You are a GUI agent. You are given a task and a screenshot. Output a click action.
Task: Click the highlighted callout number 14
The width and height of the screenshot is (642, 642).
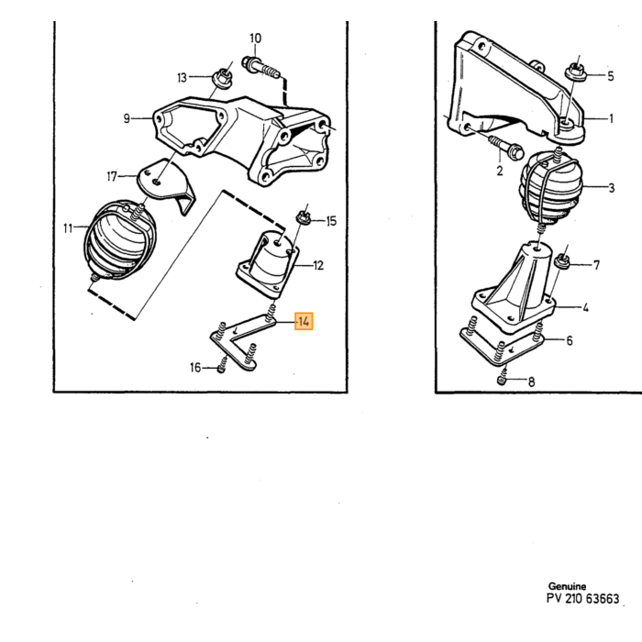pos(304,321)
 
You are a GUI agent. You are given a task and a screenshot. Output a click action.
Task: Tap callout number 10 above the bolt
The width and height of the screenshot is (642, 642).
pos(255,39)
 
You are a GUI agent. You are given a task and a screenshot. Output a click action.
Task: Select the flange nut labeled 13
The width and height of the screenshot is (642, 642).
pos(223,78)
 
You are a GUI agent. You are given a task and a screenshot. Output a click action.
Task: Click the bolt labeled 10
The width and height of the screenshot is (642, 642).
pos(260,69)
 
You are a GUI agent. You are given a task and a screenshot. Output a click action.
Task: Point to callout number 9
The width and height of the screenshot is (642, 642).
pos(127,118)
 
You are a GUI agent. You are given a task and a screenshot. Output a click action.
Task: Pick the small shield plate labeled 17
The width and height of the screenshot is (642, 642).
pos(166,184)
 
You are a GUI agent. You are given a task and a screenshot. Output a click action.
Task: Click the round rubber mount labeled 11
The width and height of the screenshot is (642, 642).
pos(119,240)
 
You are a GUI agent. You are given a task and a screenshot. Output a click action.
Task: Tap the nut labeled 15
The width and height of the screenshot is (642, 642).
pos(304,217)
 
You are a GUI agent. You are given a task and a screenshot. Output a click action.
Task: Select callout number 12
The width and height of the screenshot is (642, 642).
pos(318,266)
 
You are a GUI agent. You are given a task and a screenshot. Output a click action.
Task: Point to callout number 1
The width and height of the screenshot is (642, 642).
pos(612,118)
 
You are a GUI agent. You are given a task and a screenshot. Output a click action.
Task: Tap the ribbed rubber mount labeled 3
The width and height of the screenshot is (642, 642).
pos(550,187)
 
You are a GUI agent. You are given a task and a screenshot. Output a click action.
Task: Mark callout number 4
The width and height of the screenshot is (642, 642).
pos(585,307)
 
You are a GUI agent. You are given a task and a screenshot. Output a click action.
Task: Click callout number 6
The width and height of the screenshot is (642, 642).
pos(570,340)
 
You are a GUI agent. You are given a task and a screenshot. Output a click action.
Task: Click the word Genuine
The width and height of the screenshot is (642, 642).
pos(567,586)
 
